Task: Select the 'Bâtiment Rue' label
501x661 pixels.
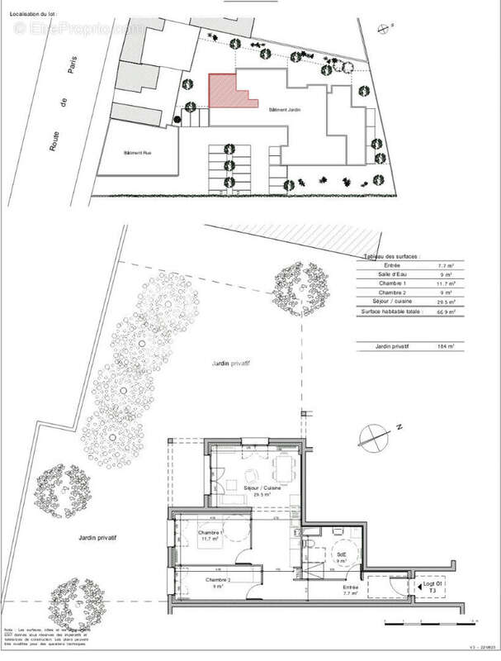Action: tap(137, 153)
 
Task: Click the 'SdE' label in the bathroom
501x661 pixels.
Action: tap(339, 554)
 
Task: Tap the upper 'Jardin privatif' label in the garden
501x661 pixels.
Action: tap(230, 363)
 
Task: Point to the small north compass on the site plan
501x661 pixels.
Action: tap(383, 27)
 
